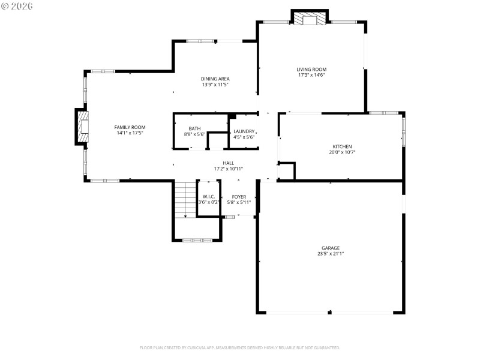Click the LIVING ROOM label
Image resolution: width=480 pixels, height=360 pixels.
[312, 69]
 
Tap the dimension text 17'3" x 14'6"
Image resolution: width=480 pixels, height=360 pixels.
[312, 75]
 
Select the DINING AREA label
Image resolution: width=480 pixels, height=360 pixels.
[215, 79]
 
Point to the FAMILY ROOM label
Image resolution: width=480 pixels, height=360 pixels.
[130, 127]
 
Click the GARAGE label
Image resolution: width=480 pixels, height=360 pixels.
[330, 248]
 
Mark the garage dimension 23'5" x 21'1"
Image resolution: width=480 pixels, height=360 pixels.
[330, 254]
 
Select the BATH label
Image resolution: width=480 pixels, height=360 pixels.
[194, 128]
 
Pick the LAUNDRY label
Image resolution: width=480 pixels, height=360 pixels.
[244, 131]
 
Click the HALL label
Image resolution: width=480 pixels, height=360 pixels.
[228, 163]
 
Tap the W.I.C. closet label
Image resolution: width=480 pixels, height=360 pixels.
[209, 196]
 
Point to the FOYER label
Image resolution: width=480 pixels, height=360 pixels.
[239, 196]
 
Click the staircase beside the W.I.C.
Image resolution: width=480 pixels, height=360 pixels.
[185, 199]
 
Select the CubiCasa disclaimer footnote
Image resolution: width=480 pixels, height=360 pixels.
[239, 347]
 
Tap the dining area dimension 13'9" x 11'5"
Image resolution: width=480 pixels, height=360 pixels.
[215, 85]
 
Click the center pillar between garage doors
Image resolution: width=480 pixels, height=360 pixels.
[330, 312]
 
